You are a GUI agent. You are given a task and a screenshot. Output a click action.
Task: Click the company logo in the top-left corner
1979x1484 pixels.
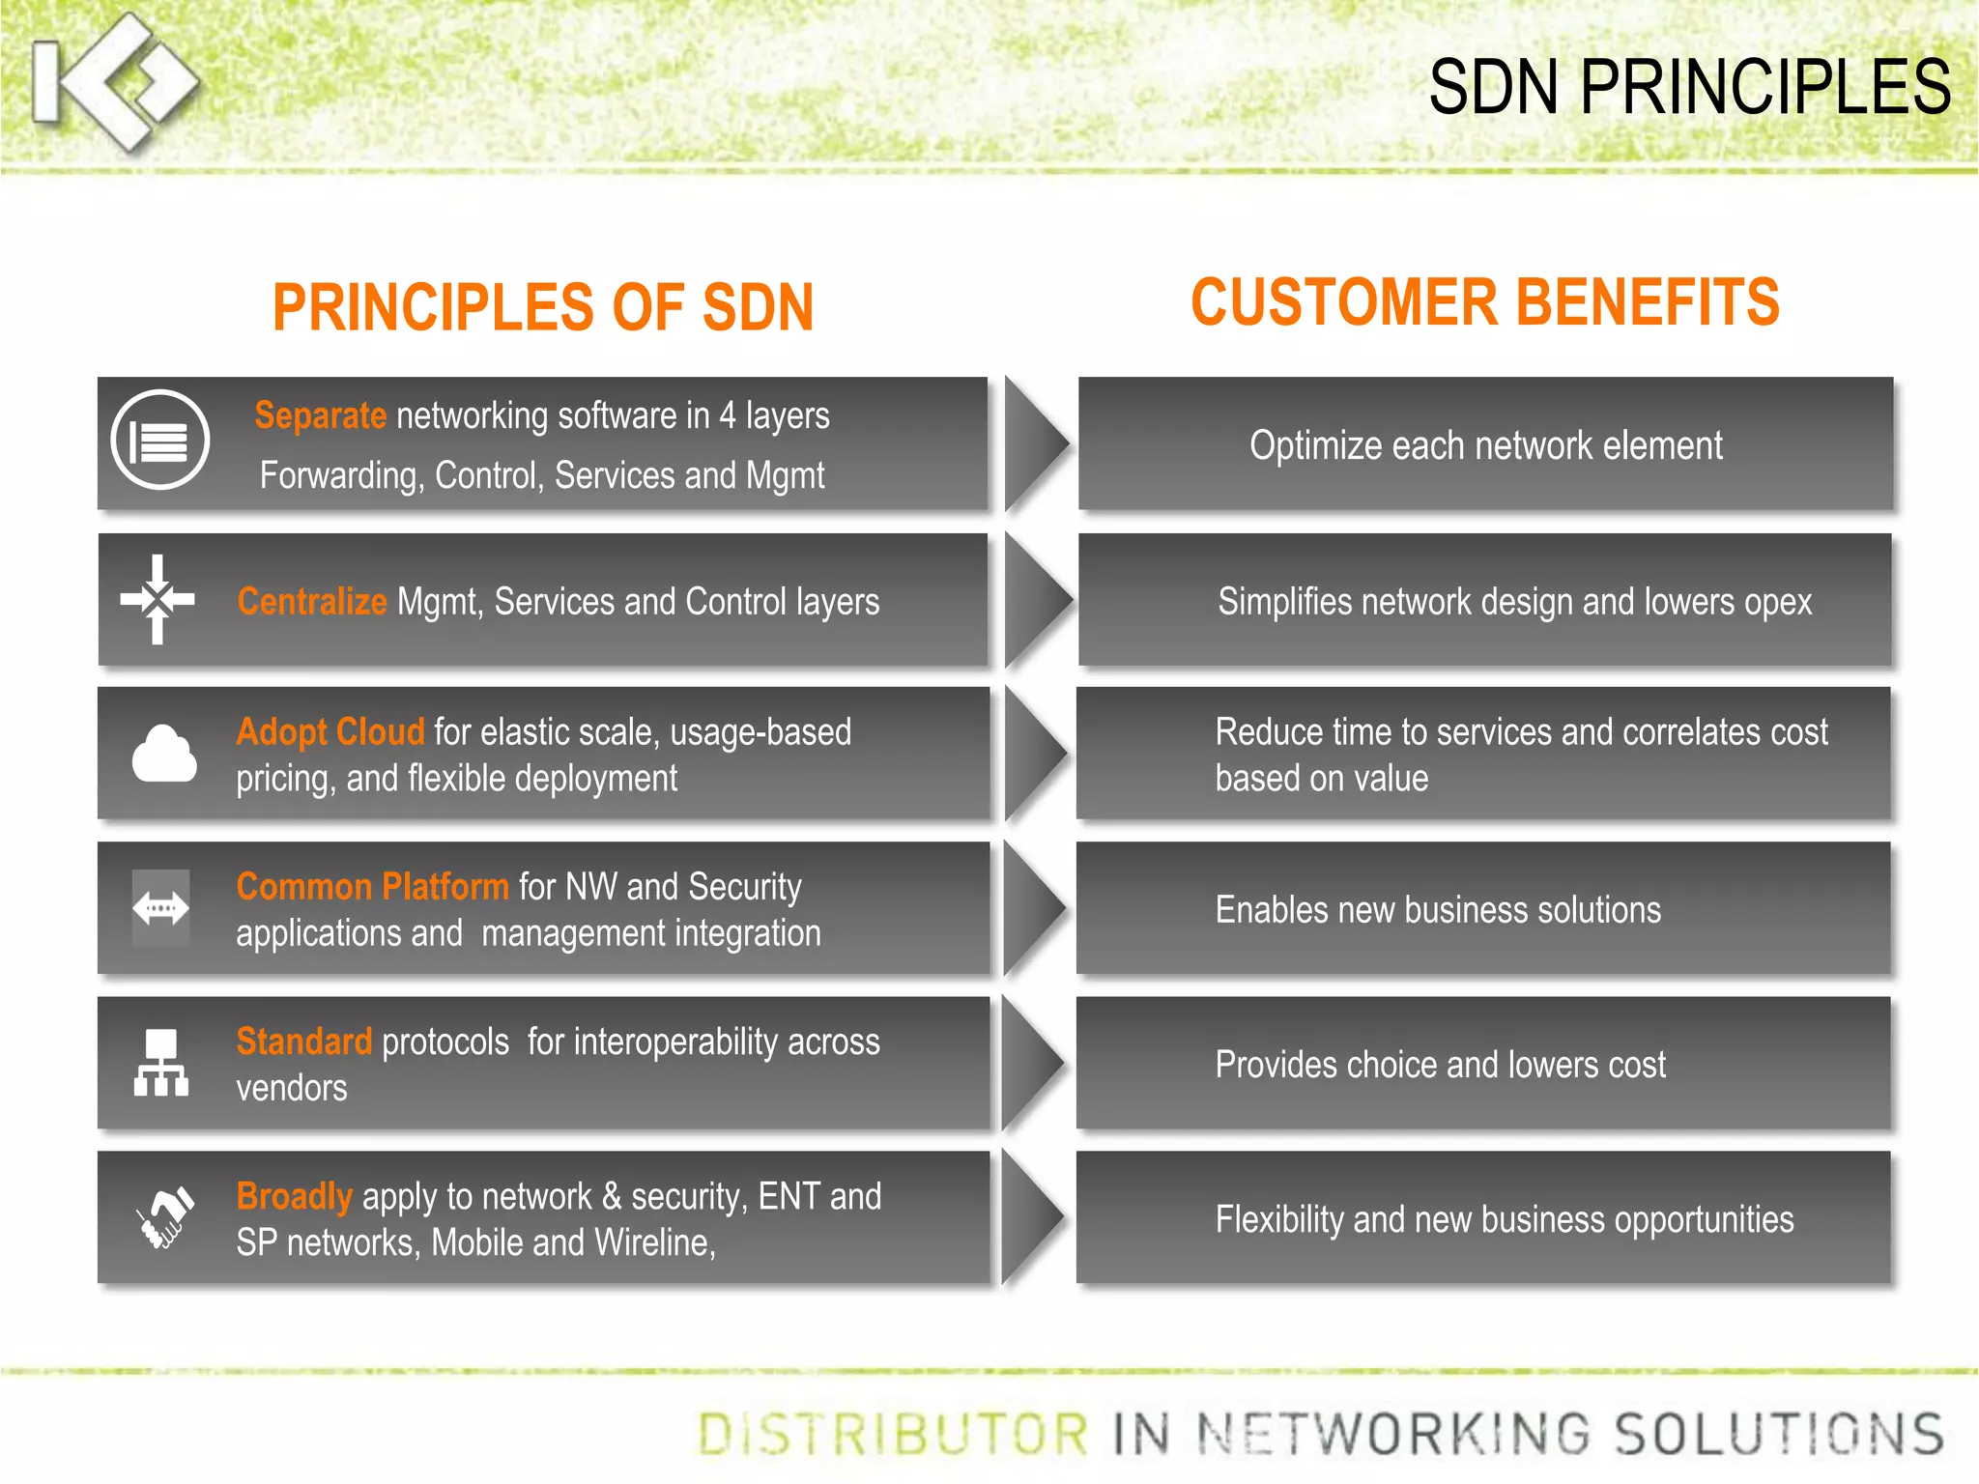[x=114, y=83]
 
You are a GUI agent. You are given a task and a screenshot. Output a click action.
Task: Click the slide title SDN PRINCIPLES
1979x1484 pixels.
[x=1689, y=87]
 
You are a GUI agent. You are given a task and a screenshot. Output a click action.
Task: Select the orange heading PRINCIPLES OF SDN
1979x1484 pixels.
[x=543, y=307]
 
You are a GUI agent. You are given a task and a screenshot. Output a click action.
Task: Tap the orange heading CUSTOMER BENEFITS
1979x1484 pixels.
[x=1484, y=302]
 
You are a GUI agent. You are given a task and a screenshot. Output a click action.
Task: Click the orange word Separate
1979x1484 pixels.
[x=320, y=415]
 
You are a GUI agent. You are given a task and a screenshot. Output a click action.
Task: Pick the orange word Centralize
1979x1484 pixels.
[x=312, y=601]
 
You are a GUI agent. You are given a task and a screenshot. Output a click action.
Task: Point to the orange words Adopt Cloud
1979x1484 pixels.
[x=330, y=731]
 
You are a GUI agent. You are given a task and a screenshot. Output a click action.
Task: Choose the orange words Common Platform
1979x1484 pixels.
[x=372, y=886]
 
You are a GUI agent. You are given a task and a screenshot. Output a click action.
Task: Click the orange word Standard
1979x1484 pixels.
[x=304, y=1042]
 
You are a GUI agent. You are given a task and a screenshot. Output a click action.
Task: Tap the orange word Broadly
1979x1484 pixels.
[x=294, y=1196]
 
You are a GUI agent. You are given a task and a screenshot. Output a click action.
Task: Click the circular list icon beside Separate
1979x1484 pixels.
[x=160, y=441]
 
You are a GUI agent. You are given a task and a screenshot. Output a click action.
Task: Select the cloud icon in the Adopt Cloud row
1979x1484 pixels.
[x=164, y=754]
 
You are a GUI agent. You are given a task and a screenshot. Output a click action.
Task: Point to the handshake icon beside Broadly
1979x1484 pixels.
[x=163, y=1217]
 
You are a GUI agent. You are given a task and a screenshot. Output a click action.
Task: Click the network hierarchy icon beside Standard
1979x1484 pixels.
[x=160, y=1063]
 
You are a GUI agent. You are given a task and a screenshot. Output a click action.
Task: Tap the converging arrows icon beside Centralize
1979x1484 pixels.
[x=158, y=600]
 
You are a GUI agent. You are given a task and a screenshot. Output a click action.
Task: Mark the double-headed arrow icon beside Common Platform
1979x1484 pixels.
[x=160, y=908]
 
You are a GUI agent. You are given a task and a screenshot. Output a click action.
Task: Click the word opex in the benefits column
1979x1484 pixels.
[x=1778, y=602]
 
